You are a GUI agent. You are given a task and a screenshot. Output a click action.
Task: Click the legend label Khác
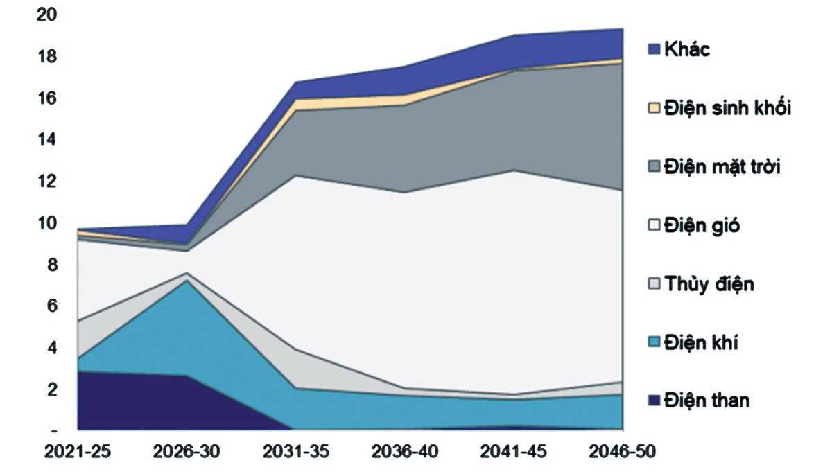click(686, 49)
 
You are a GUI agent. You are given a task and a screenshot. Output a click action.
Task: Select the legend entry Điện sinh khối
click(727, 108)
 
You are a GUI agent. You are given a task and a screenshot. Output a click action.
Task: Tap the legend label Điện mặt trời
click(722, 167)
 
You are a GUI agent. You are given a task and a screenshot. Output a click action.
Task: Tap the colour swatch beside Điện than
click(653, 401)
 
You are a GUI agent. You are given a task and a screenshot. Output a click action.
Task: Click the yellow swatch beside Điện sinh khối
click(653, 108)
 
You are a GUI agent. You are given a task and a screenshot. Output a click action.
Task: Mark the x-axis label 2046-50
click(622, 451)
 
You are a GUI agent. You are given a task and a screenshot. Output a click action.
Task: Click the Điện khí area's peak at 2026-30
click(186, 281)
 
